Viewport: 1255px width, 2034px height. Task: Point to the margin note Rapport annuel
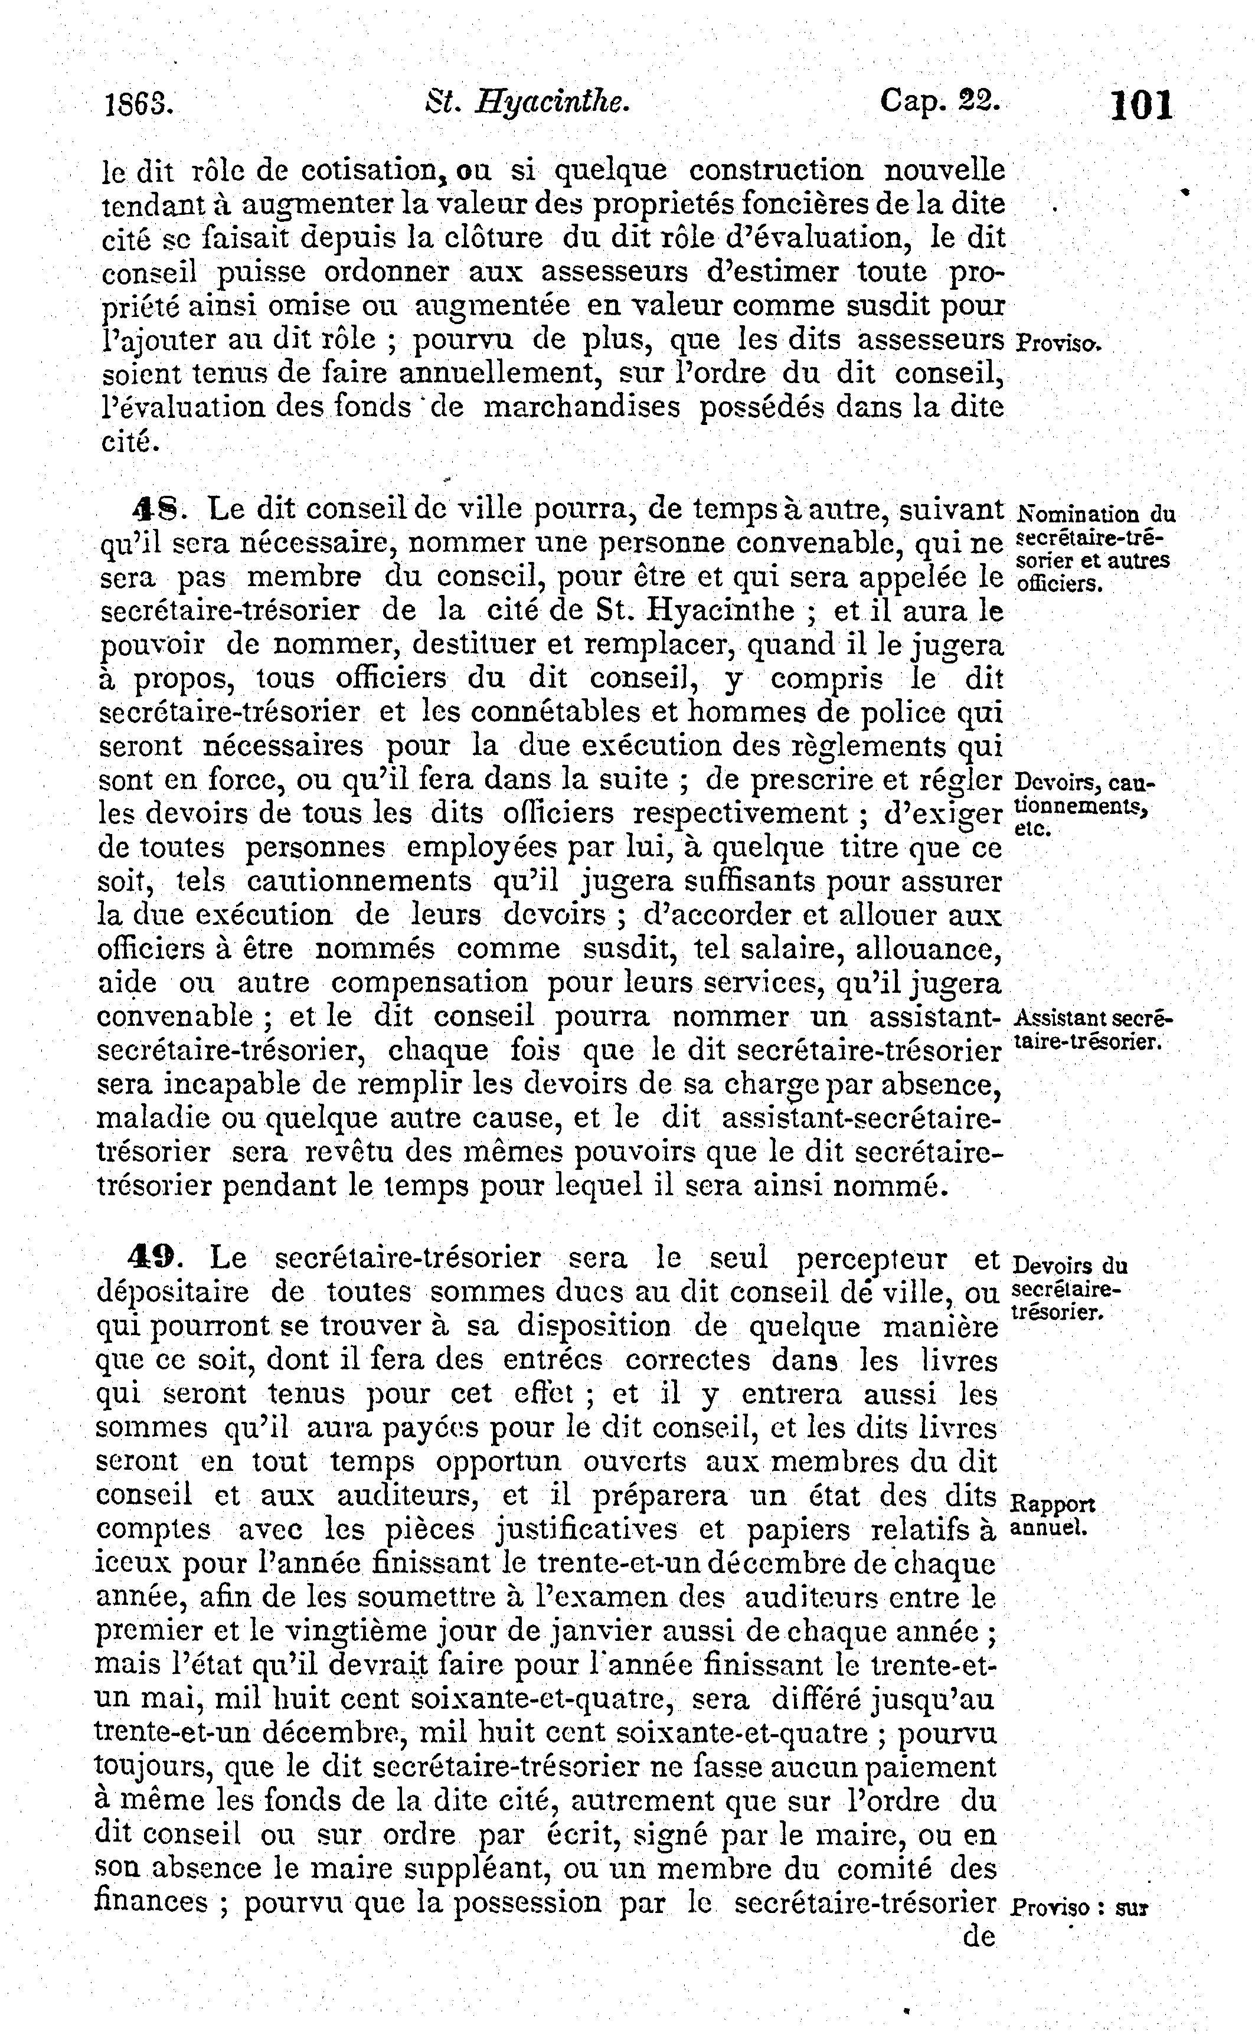click(1053, 1515)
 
